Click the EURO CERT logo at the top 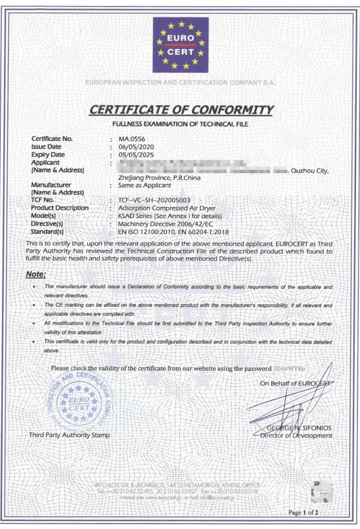click(x=180, y=44)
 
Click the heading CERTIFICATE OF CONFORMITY click(x=180, y=110)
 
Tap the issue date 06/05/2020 click(x=136, y=146)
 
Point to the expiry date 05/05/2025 click(x=136, y=154)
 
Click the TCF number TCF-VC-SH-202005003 click(x=154, y=200)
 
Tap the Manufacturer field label click(x=51, y=185)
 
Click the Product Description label click(x=60, y=208)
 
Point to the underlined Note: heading click(x=36, y=274)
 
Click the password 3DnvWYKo click(x=291, y=368)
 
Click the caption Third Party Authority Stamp click(x=69, y=434)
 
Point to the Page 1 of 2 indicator click(x=303, y=512)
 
